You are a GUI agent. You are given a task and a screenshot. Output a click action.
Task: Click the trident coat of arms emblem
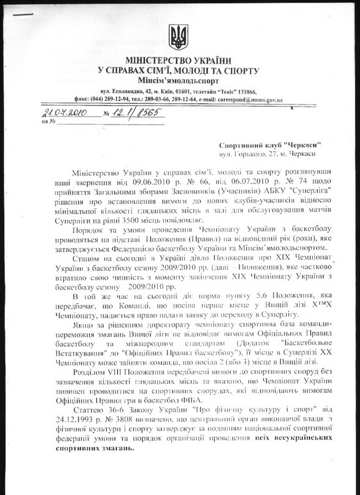pyautogui.click(x=178, y=38)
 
